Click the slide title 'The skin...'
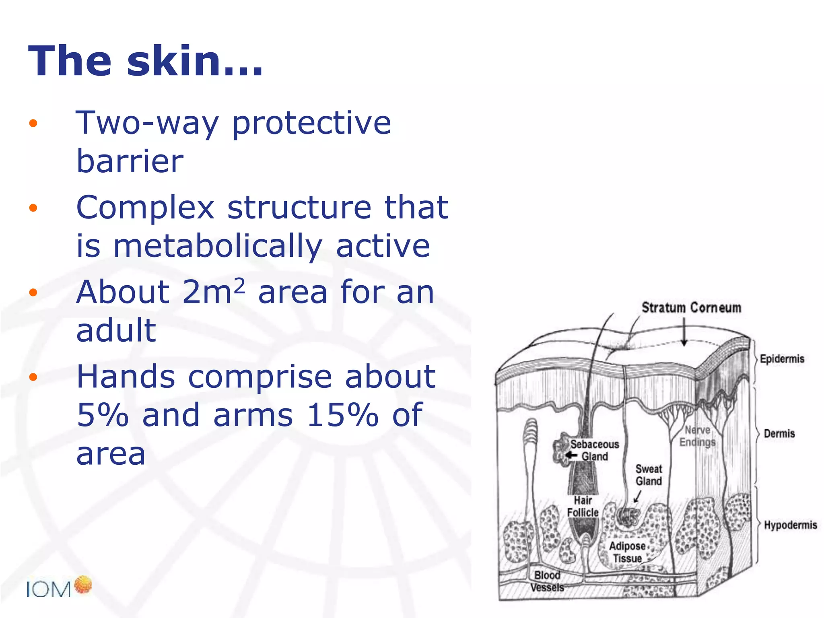click(x=145, y=61)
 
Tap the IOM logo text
click(x=48, y=590)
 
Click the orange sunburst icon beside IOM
click(x=83, y=585)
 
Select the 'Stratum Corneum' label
click(x=691, y=308)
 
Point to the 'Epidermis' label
click(x=782, y=359)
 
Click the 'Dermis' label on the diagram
click(x=779, y=434)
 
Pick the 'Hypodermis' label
click(x=790, y=525)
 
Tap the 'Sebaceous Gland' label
click(x=594, y=450)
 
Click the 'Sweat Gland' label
click(x=649, y=475)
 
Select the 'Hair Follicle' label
click(x=583, y=507)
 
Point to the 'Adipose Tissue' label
click(x=627, y=552)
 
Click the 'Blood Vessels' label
click(x=547, y=581)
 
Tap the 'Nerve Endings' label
click(x=697, y=436)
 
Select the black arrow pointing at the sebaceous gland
click(x=571, y=455)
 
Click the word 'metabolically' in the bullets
click(x=218, y=246)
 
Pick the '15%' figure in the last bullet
click(x=342, y=415)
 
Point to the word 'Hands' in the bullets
click(x=126, y=377)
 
